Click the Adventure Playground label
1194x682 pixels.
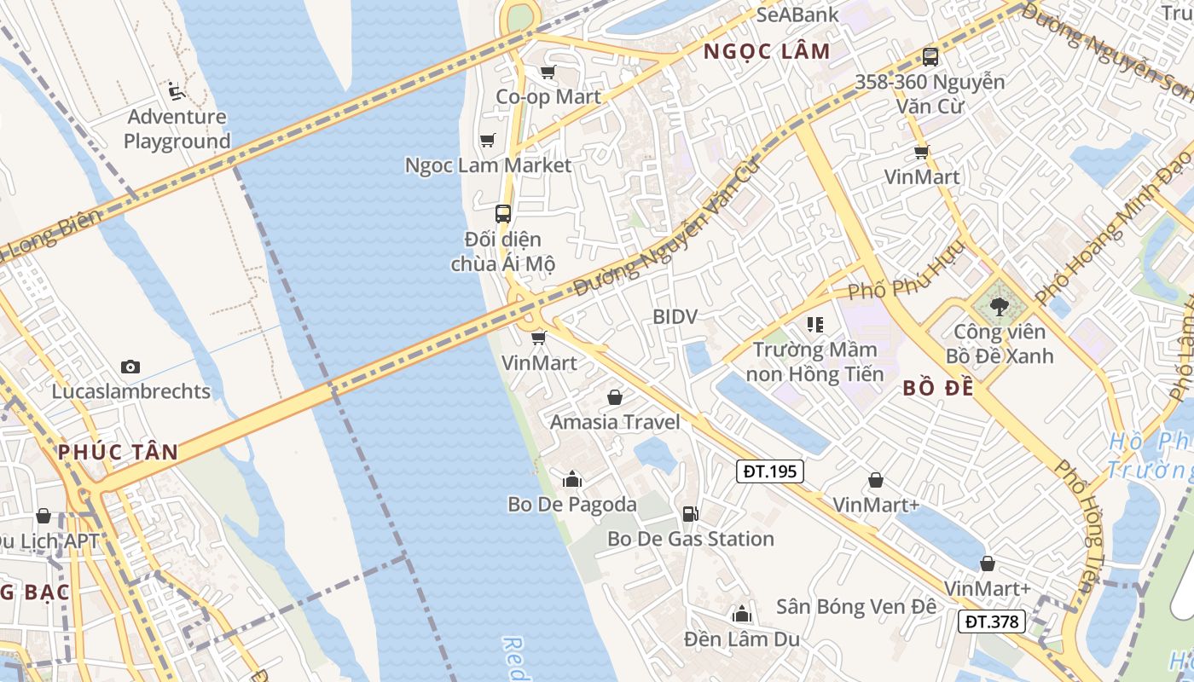[x=177, y=129]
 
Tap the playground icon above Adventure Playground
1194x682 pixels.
[x=177, y=90]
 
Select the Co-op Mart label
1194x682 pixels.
[x=548, y=97]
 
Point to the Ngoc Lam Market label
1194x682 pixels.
[x=488, y=165]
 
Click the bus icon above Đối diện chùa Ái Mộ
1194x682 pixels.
[x=503, y=213]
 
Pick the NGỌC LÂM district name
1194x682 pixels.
[x=766, y=51]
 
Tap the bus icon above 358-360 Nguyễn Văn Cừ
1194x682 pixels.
[x=930, y=57]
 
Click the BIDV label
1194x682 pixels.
[x=675, y=317]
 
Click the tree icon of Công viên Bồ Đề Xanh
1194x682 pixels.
[x=1000, y=306]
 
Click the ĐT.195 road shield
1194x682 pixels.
[x=771, y=471]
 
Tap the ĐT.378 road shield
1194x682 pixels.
[x=994, y=621]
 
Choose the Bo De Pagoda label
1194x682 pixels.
[x=571, y=504]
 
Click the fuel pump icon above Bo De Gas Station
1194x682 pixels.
[x=690, y=513]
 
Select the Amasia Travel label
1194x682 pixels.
[x=615, y=422]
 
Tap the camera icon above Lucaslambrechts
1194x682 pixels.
[x=130, y=367]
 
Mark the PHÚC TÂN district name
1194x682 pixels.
[x=119, y=452]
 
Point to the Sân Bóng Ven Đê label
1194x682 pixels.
[x=855, y=607]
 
